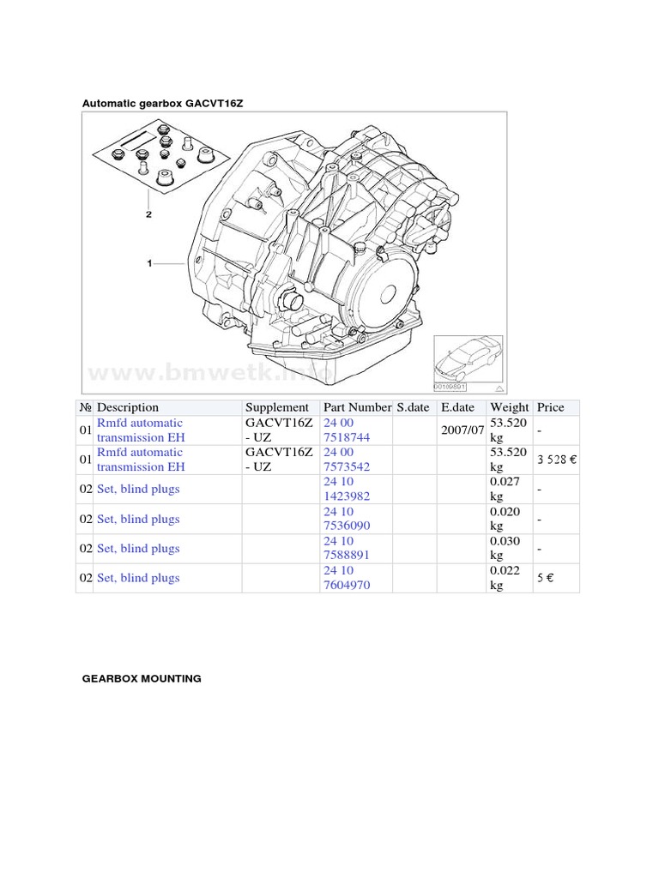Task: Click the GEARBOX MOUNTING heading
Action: click(x=142, y=678)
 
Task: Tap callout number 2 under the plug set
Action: click(x=148, y=214)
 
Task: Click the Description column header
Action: click(x=128, y=407)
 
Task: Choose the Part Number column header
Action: click(x=357, y=407)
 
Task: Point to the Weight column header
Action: click(x=509, y=407)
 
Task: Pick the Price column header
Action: click(x=550, y=407)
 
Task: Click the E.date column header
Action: click(x=458, y=407)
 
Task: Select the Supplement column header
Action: click(x=276, y=407)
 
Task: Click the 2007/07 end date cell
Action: click(x=463, y=430)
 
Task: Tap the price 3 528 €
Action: click(x=557, y=460)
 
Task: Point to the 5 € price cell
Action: click(x=546, y=578)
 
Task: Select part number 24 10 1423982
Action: click(x=348, y=489)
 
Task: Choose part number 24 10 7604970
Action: click(x=348, y=578)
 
